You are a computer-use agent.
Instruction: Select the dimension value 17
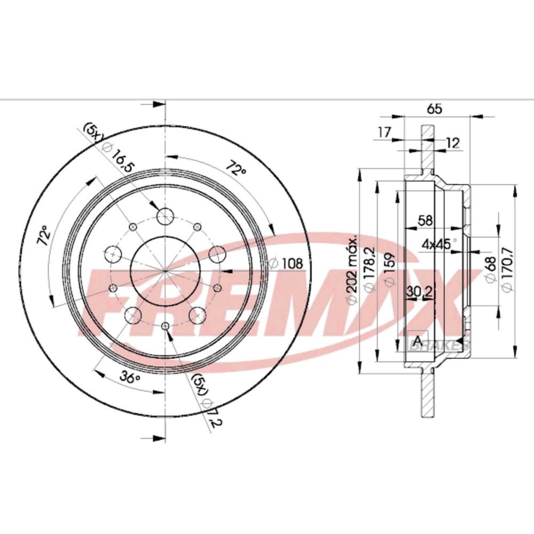(384, 132)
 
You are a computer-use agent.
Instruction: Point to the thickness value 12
(453, 143)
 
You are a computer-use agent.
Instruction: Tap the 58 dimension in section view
(425, 221)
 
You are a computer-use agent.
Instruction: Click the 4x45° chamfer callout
(439, 244)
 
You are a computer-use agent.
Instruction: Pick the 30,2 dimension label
(420, 292)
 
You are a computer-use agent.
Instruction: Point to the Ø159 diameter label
(390, 269)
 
